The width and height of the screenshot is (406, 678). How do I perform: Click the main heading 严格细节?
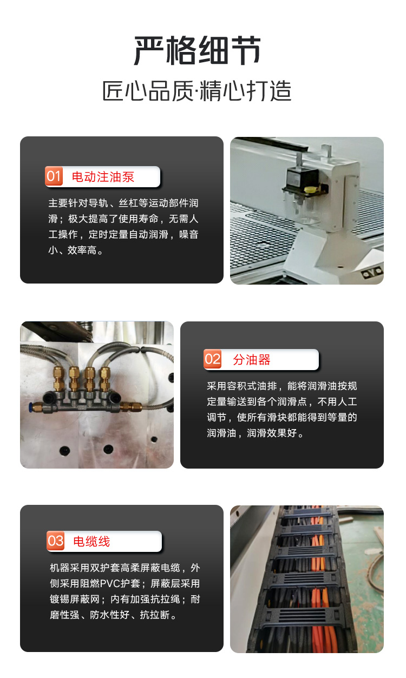[198, 50]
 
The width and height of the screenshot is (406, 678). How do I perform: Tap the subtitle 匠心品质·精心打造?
[197, 91]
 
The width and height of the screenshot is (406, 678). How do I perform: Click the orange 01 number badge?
[54, 176]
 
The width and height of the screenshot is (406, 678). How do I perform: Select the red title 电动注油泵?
[103, 177]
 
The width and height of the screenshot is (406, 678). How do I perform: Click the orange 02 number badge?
[212, 359]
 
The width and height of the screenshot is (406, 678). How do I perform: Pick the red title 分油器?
[252, 360]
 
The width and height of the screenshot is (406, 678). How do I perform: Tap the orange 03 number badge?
[55, 541]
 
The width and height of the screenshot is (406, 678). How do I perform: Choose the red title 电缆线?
[91, 542]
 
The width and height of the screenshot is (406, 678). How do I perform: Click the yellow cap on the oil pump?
[310, 190]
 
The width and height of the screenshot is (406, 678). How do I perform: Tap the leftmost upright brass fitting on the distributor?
[59, 378]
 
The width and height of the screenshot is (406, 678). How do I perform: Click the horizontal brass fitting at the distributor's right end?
[131, 407]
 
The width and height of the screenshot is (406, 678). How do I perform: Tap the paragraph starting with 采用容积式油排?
[282, 410]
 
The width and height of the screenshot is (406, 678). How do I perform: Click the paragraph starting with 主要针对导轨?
[123, 226]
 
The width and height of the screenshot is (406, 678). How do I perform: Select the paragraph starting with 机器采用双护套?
[125, 591]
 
